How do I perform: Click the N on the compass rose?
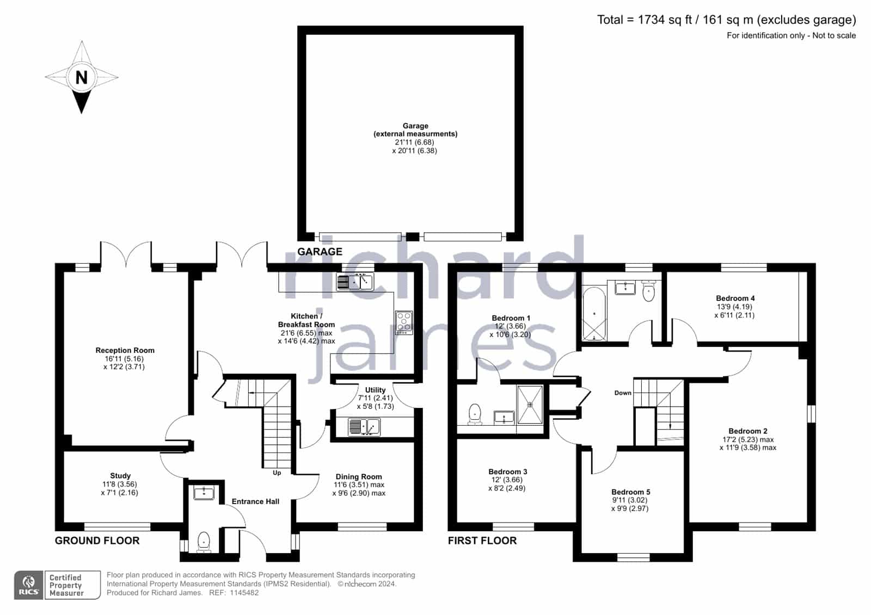point(81,77)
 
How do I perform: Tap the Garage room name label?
point(415,126)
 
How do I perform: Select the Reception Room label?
point(125,350)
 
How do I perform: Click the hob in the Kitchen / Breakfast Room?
point(404,322)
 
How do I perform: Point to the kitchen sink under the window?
point(354,282)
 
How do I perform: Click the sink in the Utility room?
point(364,426)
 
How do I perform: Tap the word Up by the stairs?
point(277,473)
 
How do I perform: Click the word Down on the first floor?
point(623,393)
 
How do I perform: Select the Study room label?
point(120,476)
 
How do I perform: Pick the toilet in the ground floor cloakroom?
point(204,542)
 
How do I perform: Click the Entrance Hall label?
point(255,501)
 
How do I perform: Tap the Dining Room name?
point(359,477)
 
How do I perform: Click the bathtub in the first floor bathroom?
point(594,313)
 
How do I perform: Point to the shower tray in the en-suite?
point(530,405)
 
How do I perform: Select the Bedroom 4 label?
point(735,299)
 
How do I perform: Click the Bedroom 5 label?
point(631,492)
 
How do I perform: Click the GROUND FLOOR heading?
point(97,541)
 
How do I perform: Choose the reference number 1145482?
point(244,593)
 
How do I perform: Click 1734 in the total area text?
point(651,20)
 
